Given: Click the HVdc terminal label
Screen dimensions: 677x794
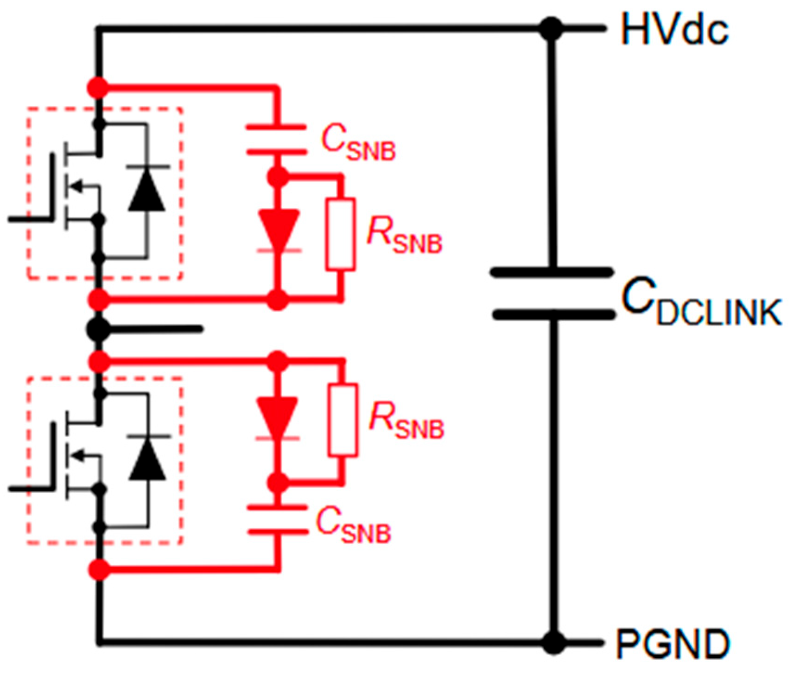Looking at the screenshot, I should pos(674,30).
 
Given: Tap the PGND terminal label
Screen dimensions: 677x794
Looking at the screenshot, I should pos(672,644).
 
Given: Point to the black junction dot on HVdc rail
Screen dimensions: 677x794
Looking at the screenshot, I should pos(552,29).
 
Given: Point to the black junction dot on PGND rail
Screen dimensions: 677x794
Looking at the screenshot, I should pos(553,643).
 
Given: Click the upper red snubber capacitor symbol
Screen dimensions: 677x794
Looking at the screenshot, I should pos(277,139).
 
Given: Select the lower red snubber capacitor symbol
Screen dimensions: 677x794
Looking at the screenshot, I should pos(278,520).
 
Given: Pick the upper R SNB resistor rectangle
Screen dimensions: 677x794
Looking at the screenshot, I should pos(340,234).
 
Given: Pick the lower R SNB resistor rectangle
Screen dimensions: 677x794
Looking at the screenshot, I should pos(343,420).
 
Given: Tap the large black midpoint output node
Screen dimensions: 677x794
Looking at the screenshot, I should pos(98,329).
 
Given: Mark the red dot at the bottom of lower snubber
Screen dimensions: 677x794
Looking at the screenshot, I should pos(99,569).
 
